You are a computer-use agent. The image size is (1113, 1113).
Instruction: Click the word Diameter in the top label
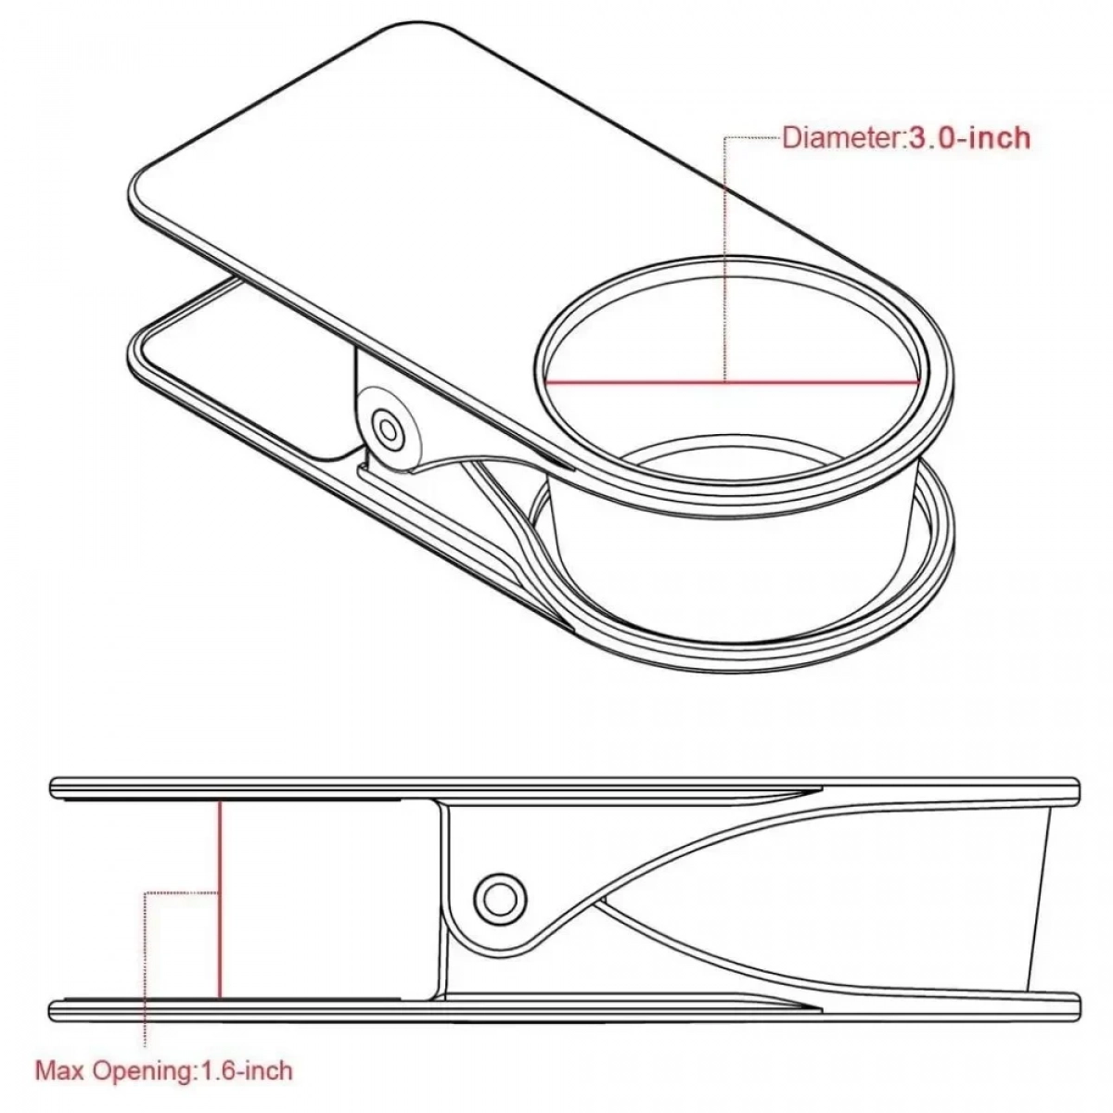pyautogui.click(x=841, y=138)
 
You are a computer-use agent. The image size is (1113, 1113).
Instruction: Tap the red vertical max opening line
pyautogui.click(x=220, y=900)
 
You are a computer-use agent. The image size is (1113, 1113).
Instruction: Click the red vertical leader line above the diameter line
pyautogui.click(x=725, y=260)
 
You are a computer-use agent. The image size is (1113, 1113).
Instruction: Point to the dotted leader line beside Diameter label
pyautogui.click(x=752, y=137)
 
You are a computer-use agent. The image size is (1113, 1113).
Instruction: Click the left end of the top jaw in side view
pyautogui.click(x=53, y=790)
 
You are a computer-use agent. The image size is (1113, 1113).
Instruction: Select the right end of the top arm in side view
pyautogui.click(x=1075, y=791)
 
